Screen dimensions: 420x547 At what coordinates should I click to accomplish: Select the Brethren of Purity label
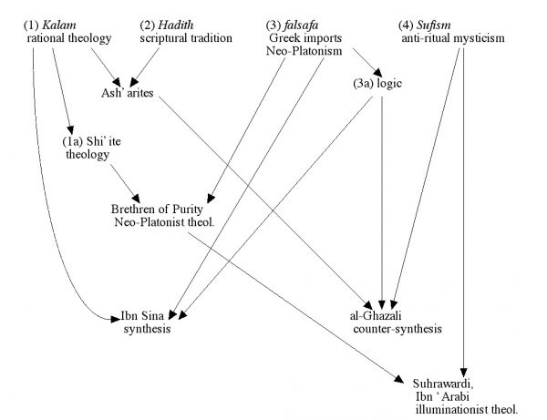click(150, 209)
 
